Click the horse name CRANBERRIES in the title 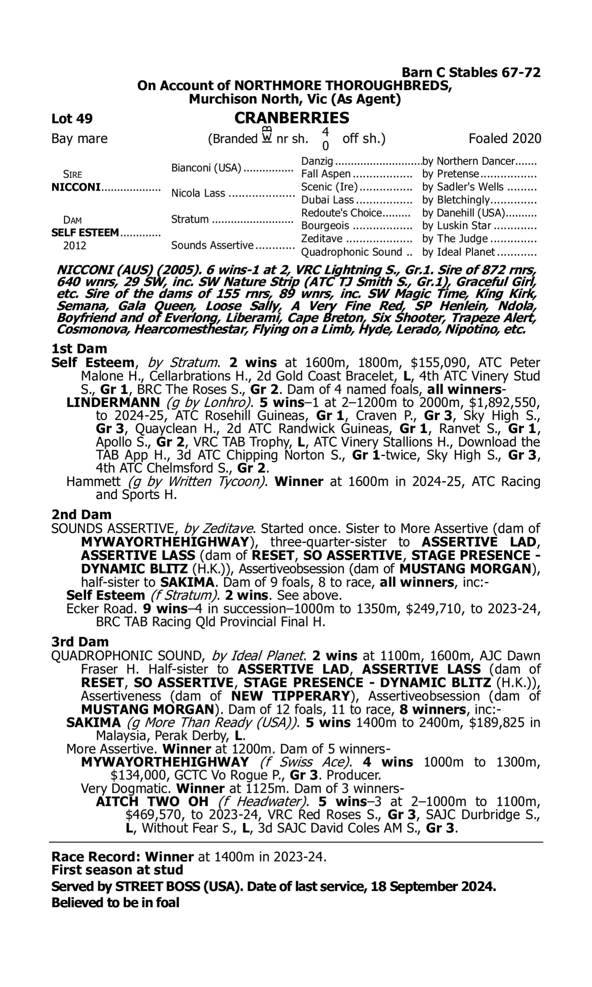pyautogui.click(x=292, y=118)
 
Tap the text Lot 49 pyautogui.click(x=72, y=118)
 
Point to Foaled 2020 pyautogui.click(x=505, y=139)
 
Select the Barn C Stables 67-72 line pyautogui.click(x=471, y=73)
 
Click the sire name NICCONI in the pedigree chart pyautogui.click(x=76, y=187)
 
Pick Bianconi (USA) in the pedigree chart pyautogui.click(x=206, y=168)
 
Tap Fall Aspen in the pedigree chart pyautogui.click(x=326, y=174)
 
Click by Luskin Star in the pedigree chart pyautogui.click(x=456, y=225)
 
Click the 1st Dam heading pyautogui.click(x=79, y=349)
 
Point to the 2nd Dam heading pyautogui.click(x=81, y=515)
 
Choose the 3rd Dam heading pyautogui.click(x=80, y=642)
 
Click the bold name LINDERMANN pyautogui.click(x=113, y=403)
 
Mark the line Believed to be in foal pyautogui.click(x=115, y=903)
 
